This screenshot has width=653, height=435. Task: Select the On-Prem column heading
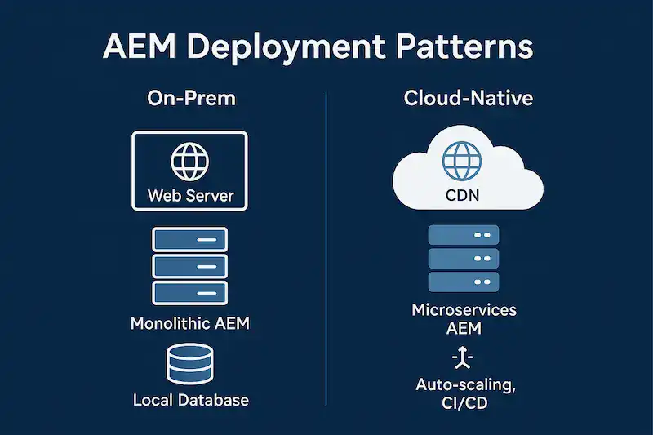click(191, 99)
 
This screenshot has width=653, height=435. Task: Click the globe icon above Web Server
click(189, 162)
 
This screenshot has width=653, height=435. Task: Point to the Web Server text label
click(190, 196)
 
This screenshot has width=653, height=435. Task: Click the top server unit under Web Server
click(190, 239)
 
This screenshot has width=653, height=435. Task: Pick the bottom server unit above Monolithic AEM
click(190, 292)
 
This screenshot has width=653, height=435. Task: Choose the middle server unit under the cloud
click(464, 259)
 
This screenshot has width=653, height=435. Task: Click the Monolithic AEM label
click(190, 323)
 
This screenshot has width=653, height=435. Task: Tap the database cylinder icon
click(189, 364)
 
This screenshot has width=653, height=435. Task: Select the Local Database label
click(190, 400)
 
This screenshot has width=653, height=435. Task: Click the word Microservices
click(464, 310)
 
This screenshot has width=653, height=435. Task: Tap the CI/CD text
click(463, 402)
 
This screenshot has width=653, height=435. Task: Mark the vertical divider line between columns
click(326, 245)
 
